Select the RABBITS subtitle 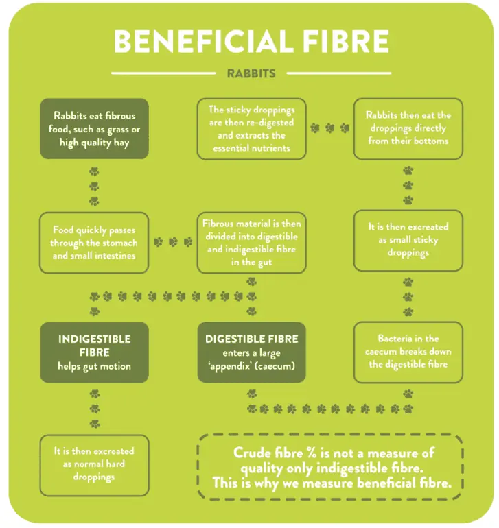click(251, 73)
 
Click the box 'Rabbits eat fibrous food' click(94, 129)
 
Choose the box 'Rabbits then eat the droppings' click(408, 129)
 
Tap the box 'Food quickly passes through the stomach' click(94, 243)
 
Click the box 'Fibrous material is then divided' click(251, 243)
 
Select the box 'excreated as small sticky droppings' click(408, 240)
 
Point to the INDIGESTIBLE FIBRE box click(94, 352)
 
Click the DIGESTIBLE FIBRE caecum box click(251, 352)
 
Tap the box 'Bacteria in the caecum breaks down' click(408, 352)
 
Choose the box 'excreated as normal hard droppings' click(94, 464)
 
